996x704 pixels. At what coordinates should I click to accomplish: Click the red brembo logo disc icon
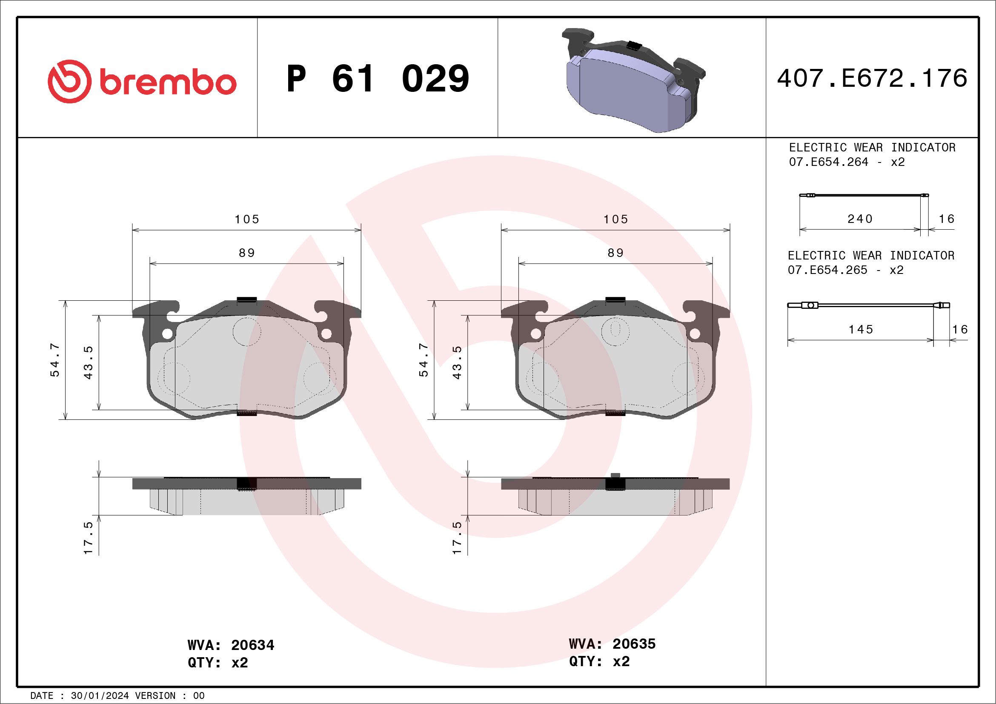(69, 82)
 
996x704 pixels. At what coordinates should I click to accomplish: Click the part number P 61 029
(378, 78)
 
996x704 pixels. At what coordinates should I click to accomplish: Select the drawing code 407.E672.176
(872, 78)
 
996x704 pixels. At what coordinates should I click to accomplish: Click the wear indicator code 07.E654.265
(827, 270)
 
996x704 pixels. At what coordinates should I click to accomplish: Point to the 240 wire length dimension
(860, 219)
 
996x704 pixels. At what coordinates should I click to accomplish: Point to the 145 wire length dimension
(861, 330)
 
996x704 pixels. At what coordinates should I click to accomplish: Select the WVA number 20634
(252, 645)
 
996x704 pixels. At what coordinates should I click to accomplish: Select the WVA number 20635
(634, 644)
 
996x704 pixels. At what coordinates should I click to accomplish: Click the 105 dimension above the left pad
(247, 219)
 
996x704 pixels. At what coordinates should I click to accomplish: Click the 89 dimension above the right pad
(615, 253)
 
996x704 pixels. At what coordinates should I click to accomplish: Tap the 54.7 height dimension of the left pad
(55, 360)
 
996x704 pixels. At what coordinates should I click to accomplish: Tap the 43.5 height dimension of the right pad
(457, 362)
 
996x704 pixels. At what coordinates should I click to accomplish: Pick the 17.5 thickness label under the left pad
(89, 538)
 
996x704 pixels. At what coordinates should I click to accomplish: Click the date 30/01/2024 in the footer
(100, 696)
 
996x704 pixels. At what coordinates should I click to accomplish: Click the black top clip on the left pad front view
(247, 299)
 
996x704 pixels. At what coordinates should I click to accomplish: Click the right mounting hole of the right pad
(695, 333)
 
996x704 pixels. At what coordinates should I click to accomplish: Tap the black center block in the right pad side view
(615, 483)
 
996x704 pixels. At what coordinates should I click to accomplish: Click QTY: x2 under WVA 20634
(218, 663)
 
